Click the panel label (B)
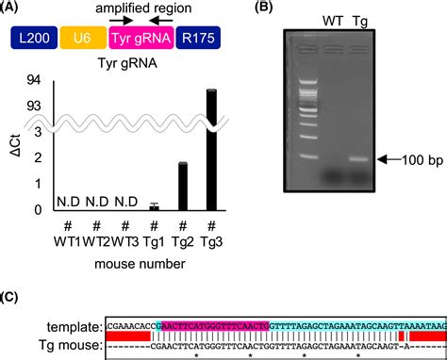[250, 8]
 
